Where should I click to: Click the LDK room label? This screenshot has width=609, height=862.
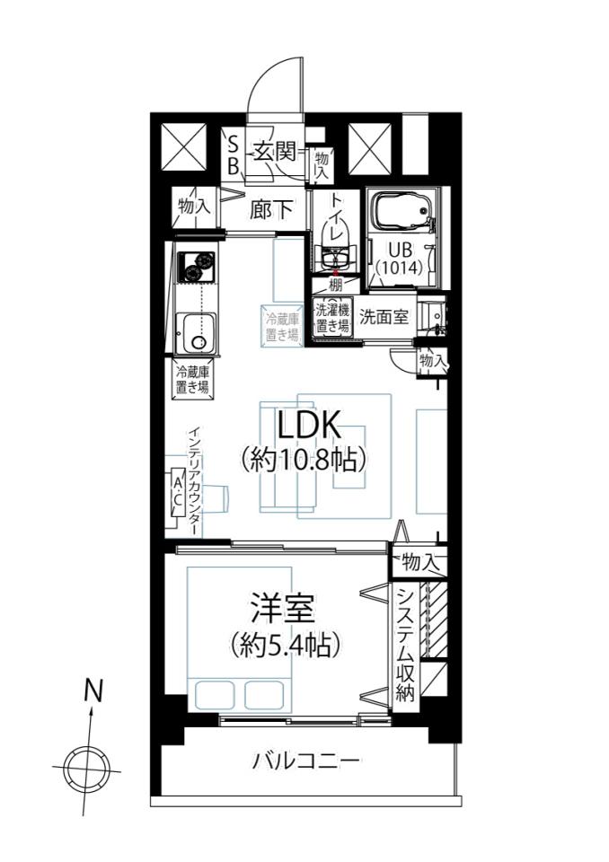click(x=309, y=425)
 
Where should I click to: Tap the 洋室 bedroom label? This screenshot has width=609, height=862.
click(x=283, y=608)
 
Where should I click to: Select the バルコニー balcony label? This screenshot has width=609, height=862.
click(x=306, y=761)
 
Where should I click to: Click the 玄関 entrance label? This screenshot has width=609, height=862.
click(x=275, y=152)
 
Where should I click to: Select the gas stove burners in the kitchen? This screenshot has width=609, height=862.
click(x=197, y=265)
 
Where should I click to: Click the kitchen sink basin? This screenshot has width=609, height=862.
click(x=197, y=333)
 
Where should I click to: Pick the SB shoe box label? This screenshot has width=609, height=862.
click(x=234, y=155)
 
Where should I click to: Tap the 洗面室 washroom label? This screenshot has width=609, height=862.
click(x=384, y=317)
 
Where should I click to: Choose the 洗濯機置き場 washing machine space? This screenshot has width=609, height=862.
click(x=331, y=319)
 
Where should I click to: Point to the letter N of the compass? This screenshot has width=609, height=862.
click(x=93, y=691)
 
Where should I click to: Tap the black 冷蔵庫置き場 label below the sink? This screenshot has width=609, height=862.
click(x=192, y=379)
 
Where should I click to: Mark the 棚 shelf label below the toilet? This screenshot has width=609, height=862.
click(x=335, y=286)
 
